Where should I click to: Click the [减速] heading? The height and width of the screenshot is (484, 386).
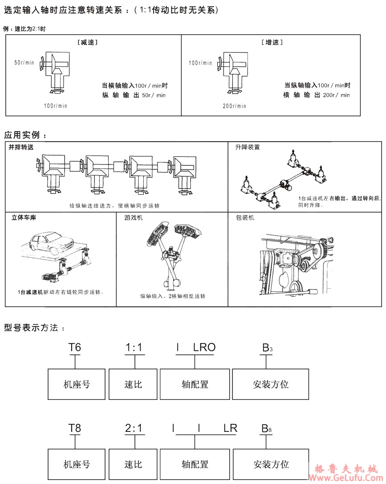(87, 42)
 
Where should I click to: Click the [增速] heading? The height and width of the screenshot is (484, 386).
(272, 42)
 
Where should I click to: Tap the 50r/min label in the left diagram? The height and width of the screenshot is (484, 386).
(24, 63)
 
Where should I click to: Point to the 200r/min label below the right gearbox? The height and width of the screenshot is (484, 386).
(234, 106)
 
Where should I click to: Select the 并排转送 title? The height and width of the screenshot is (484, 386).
(21, 147)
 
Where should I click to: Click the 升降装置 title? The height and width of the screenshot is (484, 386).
(248, 147)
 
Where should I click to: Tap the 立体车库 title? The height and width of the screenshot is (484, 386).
(24, 218)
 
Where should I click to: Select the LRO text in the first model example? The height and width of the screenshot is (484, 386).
(204, 348)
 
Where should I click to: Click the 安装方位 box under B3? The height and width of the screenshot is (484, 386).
(271, 384)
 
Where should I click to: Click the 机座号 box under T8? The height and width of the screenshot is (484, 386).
(77, 464)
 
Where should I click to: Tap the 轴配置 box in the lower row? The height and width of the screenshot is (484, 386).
(195, 464)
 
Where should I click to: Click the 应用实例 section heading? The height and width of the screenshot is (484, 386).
(25, 135)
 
